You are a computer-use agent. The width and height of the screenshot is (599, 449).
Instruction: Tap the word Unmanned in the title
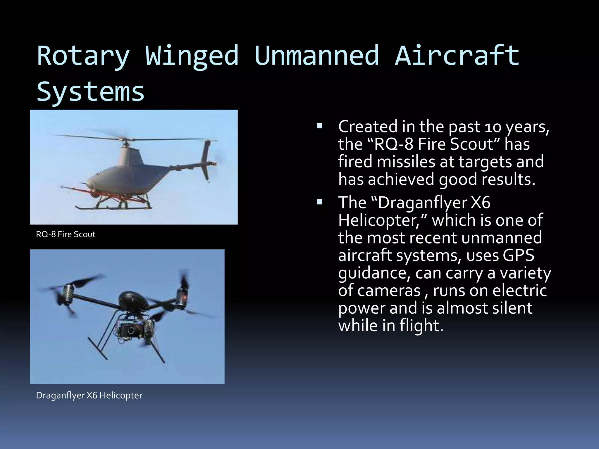(x=317, y=56)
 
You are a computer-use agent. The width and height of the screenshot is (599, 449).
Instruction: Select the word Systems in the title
(x=91, y=91)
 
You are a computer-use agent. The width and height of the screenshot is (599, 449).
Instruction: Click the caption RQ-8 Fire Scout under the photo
(x=66, y=234)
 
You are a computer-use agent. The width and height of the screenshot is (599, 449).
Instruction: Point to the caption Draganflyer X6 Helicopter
(x=89, y=396)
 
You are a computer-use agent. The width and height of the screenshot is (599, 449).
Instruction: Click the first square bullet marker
(x=319, y=126)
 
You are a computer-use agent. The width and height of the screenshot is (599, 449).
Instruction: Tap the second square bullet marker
(x=319, y=202)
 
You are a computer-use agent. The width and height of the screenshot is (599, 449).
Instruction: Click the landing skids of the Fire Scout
(x=114, y=207)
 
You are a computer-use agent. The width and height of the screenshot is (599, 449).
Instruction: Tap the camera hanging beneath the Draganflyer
(x=130, y=330)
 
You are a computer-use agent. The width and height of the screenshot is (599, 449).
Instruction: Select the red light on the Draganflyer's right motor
(x=185, y=298)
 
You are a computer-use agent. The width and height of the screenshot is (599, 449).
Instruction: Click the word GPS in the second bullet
(x=518, y=255)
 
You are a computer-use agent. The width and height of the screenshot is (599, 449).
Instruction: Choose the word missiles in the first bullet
(x=406, y=162)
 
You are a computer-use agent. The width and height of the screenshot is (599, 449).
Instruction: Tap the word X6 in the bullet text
(x=481, y=203)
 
